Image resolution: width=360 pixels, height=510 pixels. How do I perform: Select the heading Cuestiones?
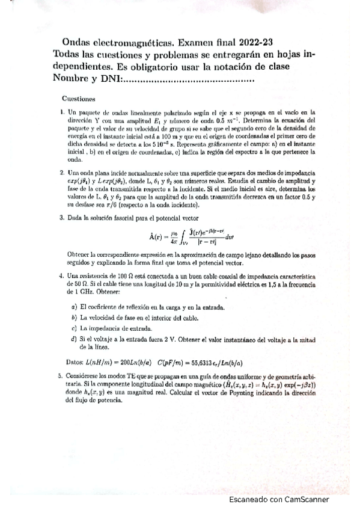pos(79,97)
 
